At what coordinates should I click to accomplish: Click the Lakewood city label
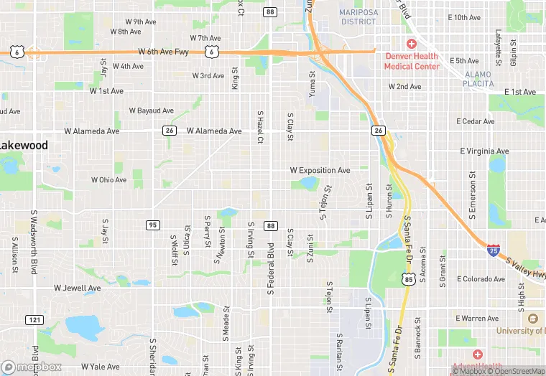click(x=24, y=146)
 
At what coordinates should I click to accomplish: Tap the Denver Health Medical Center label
click(x=412, y=61)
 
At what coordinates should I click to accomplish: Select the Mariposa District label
click(x=358, y=17)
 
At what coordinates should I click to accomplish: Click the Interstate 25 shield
click(x=494, y=250)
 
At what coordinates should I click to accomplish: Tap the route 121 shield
click(x=33, y=319)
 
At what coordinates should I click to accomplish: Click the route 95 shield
click(x=152, y=225)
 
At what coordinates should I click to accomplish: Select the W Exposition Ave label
click(x=320, y=171)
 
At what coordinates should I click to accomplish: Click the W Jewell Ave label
click(x=78, y=288)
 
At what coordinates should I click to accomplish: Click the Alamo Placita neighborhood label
click(x=478, y=79)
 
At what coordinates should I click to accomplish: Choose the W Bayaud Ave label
click(x=151, y=111)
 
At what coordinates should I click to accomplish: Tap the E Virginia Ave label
click(x=484, y=151)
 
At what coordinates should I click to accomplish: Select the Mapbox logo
click(x=31, y=367)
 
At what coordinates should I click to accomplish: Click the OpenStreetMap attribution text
click(x=517, y=371)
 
